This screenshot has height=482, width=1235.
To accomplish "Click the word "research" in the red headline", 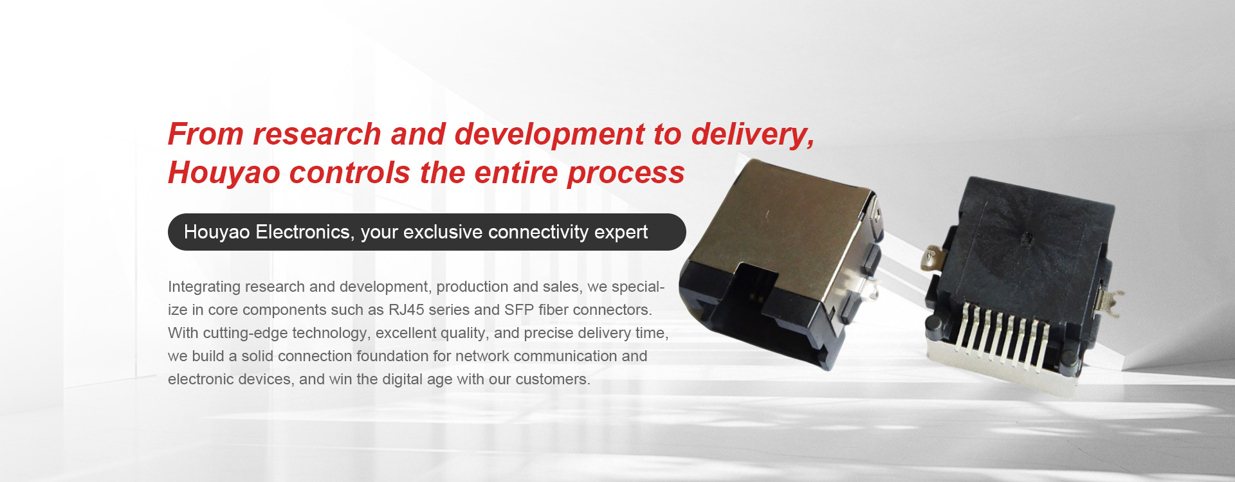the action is [317, 134].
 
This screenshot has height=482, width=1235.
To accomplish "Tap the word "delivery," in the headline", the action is [753, 136].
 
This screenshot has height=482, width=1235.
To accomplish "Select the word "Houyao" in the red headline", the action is [224, 174].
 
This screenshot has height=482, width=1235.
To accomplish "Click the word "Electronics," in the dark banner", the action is [305, 232].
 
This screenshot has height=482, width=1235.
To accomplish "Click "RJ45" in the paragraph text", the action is [407, 310].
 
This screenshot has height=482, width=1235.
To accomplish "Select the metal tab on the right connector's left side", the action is [932, 260].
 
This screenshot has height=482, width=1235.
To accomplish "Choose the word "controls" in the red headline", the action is [350, 174].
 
